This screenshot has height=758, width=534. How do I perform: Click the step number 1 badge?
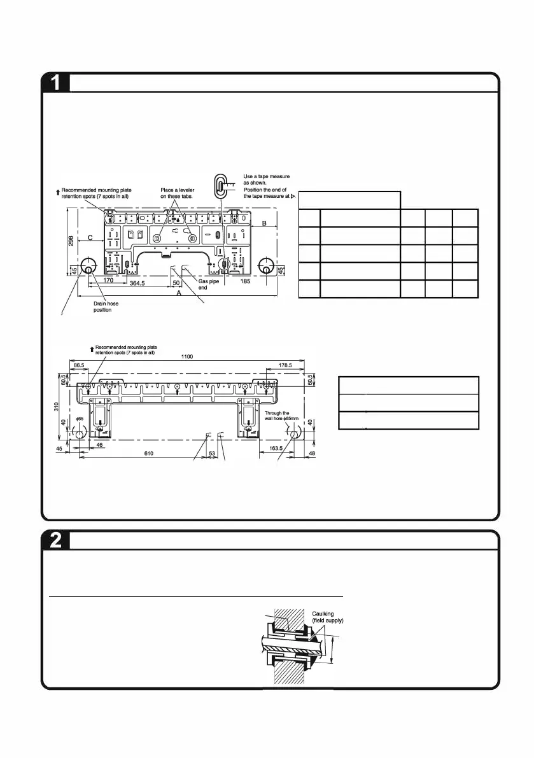(56, 83)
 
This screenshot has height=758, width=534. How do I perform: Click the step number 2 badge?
(56, 540)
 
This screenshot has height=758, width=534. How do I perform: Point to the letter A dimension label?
(179, 294)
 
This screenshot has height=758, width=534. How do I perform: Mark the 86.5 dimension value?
(78, 365)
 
